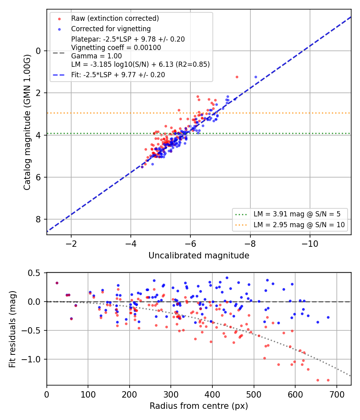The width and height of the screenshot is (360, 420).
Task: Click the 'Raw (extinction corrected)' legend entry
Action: [115, 18]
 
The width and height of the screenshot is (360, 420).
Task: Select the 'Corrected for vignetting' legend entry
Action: [111, 29]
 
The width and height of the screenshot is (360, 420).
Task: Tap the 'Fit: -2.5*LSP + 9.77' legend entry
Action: [118, 75]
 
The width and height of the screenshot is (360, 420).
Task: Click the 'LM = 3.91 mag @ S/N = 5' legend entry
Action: [297, 214]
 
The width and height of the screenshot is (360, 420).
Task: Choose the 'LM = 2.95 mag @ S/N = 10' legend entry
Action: [299, 225]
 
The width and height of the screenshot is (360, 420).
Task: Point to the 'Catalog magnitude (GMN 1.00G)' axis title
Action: [27, 122]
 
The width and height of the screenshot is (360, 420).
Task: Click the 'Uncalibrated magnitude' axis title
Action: [199, 256]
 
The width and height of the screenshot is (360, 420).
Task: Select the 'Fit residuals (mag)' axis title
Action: [12, 329]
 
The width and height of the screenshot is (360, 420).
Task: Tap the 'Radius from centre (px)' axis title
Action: [199, 406]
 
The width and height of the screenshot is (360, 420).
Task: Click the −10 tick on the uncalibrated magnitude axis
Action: [310, 244]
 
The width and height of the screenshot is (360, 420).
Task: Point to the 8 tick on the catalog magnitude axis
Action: [38, 219]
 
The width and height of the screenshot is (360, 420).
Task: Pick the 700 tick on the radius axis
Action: [337, 394]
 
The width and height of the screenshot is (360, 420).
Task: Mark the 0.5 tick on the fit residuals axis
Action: [34, 273]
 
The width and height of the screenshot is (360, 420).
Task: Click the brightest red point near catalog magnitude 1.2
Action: [237, 77]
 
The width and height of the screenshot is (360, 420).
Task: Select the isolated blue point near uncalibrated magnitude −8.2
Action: [256, 77]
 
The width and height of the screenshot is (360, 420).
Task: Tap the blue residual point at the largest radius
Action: [328, 318]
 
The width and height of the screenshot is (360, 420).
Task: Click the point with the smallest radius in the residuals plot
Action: [57, 283]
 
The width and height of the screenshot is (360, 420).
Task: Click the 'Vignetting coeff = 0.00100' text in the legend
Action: [116, 48]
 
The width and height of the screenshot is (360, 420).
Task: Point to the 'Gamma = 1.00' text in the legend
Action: [96, 56]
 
